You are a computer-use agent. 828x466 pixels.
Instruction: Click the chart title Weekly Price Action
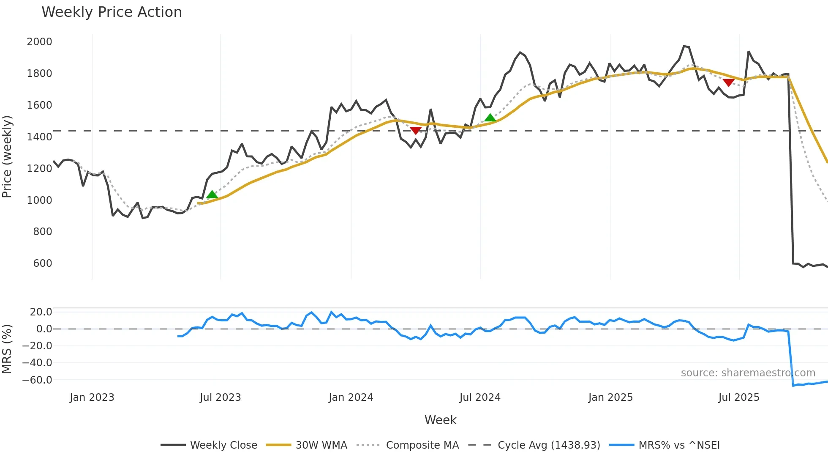[x=112, y=12]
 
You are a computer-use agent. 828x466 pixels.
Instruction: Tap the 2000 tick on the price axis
[x=39, y=42]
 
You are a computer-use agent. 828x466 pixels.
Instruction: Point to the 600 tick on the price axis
[x=42, y=263]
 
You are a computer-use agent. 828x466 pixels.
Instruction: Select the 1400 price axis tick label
[x=39, y=137]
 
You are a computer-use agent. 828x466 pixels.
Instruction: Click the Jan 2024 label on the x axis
[x=351, y=397]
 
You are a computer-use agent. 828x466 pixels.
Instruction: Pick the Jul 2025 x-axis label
[x=738, y=397]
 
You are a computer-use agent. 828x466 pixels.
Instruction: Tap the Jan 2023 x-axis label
[x=92, y=397]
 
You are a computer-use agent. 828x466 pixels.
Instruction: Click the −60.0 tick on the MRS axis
[x=37, y=380]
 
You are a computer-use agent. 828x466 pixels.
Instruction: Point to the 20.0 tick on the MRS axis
[x=41, y=312]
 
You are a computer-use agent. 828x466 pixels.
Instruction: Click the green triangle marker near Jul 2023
[x=212, y=195]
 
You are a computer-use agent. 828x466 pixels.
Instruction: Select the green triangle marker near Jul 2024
[x=490, y=118]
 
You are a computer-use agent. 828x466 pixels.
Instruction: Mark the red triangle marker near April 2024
[x=416, y=131]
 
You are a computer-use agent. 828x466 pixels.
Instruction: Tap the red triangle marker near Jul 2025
[x=728, y=82]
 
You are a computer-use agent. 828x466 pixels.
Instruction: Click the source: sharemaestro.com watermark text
[x=748, y=373]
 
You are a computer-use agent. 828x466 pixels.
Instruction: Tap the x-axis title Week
[x=440, y=420]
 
